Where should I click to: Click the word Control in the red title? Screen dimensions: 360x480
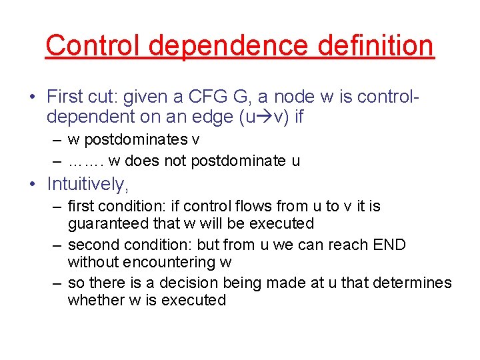95,45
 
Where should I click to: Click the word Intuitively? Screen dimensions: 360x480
87,183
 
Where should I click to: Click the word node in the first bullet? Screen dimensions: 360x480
298,97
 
